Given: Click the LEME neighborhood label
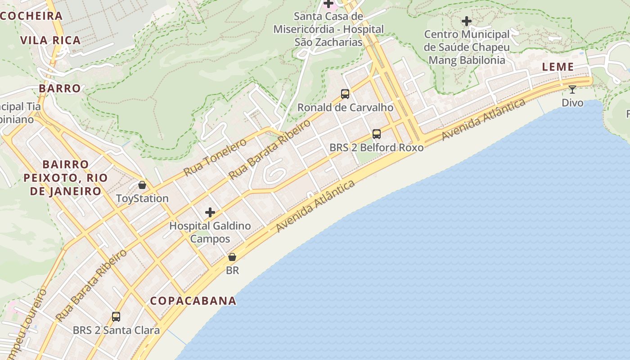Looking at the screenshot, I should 558,67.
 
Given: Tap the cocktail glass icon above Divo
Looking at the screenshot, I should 572,90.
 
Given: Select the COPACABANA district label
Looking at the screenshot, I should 193,301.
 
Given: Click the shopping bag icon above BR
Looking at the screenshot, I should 232,257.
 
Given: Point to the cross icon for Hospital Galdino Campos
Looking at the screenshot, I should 210,212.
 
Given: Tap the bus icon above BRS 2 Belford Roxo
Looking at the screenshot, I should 377,134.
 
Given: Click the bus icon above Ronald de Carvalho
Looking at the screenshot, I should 345,94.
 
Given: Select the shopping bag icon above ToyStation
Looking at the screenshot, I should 142,185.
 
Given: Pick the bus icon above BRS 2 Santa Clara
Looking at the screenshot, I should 116,317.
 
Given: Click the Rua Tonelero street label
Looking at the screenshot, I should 215,157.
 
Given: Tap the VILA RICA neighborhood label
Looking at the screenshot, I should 50,40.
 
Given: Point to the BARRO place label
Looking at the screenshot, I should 60,88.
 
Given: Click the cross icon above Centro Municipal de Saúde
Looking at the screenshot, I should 467,21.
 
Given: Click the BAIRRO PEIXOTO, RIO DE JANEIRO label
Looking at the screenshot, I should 66,178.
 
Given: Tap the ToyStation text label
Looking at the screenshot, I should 142,198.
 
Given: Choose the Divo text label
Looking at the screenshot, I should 572,103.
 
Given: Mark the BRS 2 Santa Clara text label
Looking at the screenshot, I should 116,330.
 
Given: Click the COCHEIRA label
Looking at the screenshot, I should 31,16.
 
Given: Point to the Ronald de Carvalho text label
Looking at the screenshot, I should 345,108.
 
